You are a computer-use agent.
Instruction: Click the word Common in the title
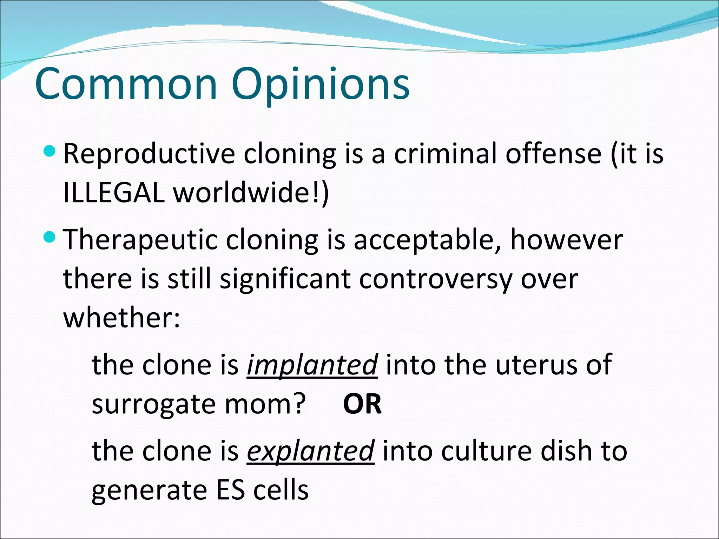(126, 84)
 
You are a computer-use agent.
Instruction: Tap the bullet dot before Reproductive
(50, 152)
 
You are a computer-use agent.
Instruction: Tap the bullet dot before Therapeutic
(50, 238)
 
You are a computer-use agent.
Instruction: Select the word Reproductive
(149, 154)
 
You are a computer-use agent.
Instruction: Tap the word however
(566, 240)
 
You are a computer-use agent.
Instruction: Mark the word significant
(285, 280)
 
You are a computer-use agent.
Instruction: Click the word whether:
(121, 318)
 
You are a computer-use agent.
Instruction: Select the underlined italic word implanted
(312, 365)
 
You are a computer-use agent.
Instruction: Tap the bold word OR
(362, 404)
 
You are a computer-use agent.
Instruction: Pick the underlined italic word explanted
(310, 451)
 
